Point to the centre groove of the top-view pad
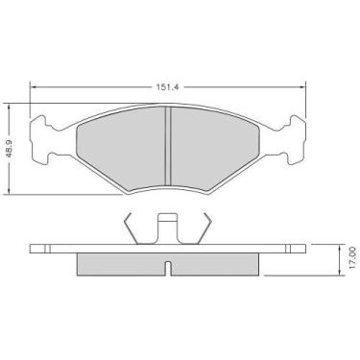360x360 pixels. pos(169,134)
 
